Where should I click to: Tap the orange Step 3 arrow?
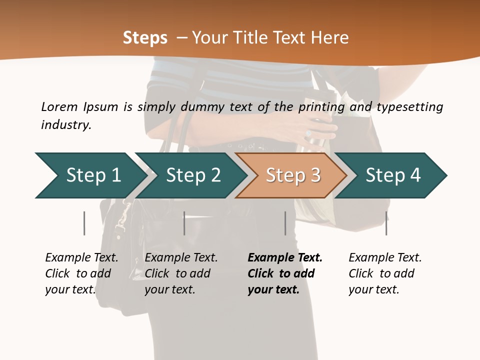292,175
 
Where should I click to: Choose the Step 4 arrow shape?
392,175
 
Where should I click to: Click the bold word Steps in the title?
145,38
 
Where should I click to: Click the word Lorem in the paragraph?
59,106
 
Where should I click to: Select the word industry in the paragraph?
66,124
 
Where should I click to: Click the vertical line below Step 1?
84,223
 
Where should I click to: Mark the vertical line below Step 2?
184,223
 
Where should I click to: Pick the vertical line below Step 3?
285,223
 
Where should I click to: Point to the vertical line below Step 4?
386,223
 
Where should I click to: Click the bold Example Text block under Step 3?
285,273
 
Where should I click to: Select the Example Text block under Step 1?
81,273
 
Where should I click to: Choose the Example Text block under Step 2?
181,273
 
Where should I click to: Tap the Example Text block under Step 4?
385,273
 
